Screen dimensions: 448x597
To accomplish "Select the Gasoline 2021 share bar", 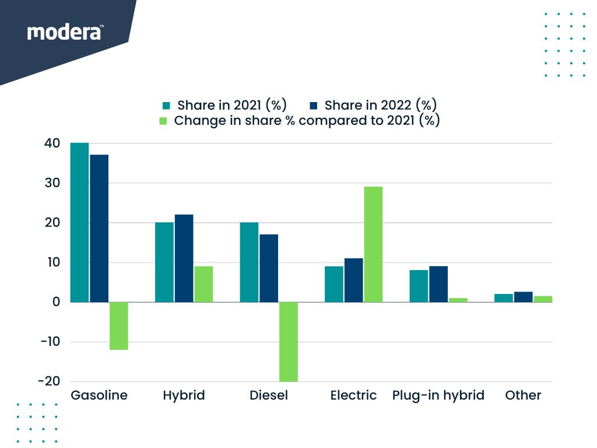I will [79, 222].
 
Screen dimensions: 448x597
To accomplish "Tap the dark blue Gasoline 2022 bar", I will [99, 228].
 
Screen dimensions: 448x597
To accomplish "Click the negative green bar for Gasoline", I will [119, 325].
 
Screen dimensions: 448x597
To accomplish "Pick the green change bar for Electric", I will [373, 244].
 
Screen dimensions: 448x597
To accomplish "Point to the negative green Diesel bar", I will [289, 341].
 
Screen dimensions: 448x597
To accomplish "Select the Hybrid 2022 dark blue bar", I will [184, 258].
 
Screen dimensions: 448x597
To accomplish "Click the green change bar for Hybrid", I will [203, 284].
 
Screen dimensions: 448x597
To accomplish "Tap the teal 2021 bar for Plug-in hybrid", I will [419, 286].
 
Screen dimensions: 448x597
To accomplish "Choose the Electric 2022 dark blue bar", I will [353, 280].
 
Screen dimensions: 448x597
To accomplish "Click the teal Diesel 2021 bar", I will [249, 262].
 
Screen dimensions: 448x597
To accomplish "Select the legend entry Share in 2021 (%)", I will [224, 106].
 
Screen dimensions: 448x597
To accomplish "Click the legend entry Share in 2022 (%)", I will [373, 106].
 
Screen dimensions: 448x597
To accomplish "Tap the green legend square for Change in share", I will [164, 121].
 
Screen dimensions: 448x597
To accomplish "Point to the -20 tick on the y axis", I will [49, 381].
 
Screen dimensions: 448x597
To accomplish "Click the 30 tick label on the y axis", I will [52, 183].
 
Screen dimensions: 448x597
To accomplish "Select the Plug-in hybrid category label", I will [438, 395].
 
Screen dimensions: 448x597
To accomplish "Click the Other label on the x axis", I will [523, 395].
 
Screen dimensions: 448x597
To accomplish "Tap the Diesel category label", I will [269, 395].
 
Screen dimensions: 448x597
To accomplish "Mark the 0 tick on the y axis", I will [56, 302].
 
